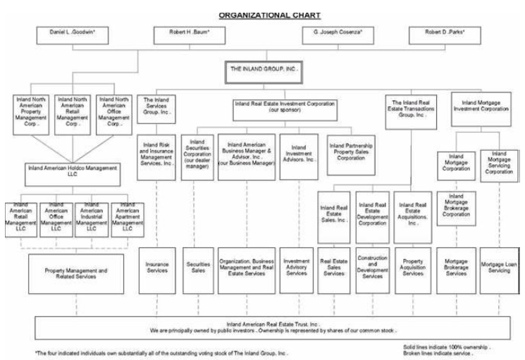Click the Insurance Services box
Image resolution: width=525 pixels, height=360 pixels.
156,268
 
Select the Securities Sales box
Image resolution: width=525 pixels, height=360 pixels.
197,268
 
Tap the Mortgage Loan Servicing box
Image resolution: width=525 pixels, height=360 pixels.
500,268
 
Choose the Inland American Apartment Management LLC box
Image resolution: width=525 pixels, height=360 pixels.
127,218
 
